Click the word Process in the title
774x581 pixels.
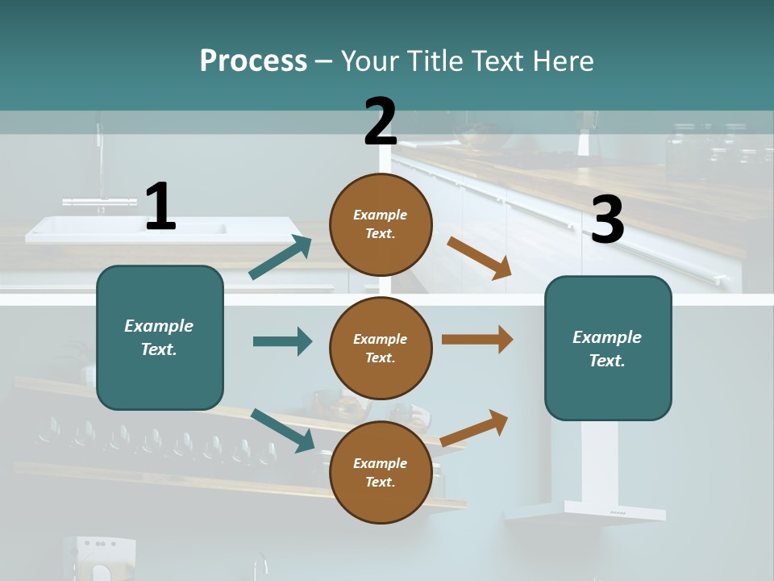(253, 61)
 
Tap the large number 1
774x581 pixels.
(160, 207)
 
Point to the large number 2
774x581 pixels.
(381, 122)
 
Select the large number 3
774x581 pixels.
(607, 220)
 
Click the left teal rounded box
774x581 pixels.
(160, 337)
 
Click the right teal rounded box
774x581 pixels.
(608, 348)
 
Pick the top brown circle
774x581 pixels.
(381, 224)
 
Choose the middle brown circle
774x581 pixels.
(381, 348)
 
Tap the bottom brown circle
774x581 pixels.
(381, 472)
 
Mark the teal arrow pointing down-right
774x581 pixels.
(283, 430)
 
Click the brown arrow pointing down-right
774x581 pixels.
(479, 258)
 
